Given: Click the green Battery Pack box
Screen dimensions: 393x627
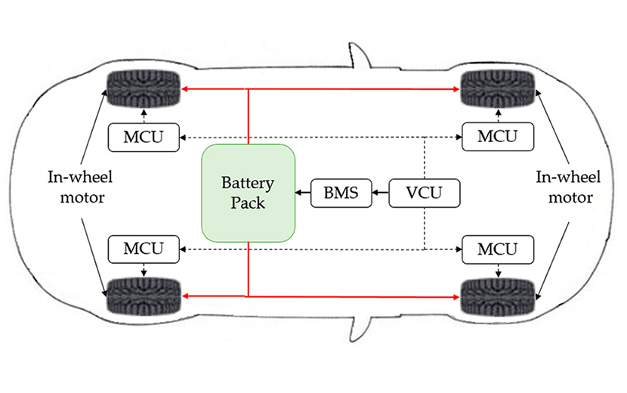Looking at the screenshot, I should pos(247,193).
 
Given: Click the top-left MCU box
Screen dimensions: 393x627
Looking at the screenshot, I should pos(144,137).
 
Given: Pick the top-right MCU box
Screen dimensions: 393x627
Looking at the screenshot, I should pos(498,137).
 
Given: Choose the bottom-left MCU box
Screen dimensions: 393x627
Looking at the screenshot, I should pos(144,249).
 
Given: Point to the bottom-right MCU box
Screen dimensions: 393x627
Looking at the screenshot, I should pos(498,249).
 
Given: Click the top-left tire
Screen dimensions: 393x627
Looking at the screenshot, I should pos(144,88).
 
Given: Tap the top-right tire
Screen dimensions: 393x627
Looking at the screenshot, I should pos(498,88).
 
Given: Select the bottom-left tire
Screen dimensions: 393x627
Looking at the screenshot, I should pos(144,296).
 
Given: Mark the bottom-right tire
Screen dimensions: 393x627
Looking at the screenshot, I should pos(498,296).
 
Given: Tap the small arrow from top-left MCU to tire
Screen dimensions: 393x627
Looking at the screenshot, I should pos(144,116).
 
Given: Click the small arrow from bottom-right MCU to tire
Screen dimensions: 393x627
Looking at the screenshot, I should pos(498,270).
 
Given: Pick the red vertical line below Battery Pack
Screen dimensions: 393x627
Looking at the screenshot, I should pos(248,269).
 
